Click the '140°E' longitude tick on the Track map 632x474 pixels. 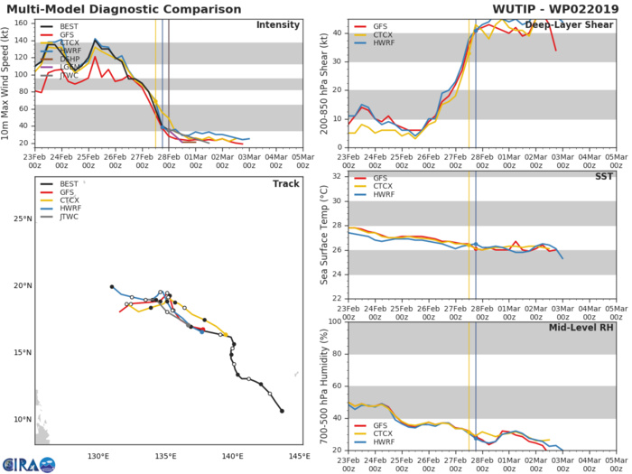pyautogui.click(x=233, y=456)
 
